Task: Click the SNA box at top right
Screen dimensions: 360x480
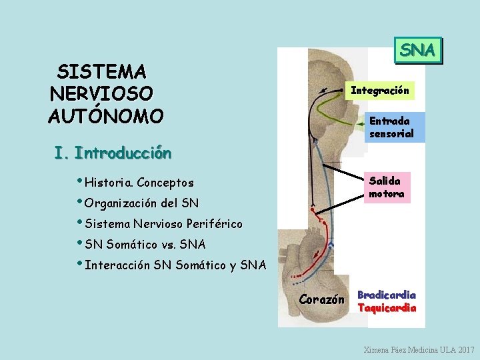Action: coord(418,49)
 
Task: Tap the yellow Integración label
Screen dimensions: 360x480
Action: coord(380,91)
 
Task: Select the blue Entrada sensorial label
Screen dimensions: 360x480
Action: coord(391,127)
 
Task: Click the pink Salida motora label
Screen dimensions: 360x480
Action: coord(386,187)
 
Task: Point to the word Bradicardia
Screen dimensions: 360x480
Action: coord(387,295)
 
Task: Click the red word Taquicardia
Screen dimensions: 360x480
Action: coord(387,308)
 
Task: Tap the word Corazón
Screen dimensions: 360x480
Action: coord(322,300)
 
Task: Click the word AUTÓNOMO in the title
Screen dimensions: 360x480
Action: coord(105,117)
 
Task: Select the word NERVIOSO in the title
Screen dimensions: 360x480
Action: coord(101,94)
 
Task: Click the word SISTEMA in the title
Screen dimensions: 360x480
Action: coord(102,71)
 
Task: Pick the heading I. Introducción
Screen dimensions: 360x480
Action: coord(113,154)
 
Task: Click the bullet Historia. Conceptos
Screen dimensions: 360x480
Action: coord(139,183)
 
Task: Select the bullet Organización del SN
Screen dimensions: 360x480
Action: coord(142,203)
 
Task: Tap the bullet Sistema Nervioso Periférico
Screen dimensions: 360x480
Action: coord(163,224)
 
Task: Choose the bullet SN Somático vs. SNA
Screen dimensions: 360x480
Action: coord(145,245)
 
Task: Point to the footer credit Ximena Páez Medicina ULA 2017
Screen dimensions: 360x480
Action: coord(419,349)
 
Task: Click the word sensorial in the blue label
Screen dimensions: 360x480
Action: coord(391,134)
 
